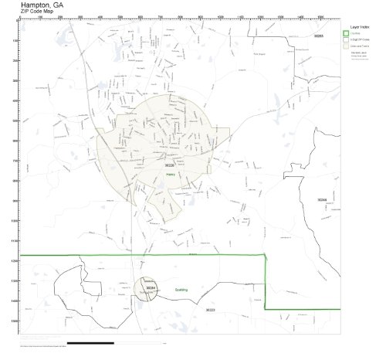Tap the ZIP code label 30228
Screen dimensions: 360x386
tap(170, 165)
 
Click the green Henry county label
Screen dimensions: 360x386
tap(171, 175)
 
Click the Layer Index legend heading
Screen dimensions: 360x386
tap(357, 25)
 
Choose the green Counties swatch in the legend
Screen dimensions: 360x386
tap(345, 32)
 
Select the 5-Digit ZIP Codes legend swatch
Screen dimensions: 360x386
tap(345, 39)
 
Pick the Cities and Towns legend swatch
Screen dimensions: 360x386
tap(345, 46)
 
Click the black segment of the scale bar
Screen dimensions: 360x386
tap(90, 342)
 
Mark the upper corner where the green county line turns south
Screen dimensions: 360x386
tap(266, 255)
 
